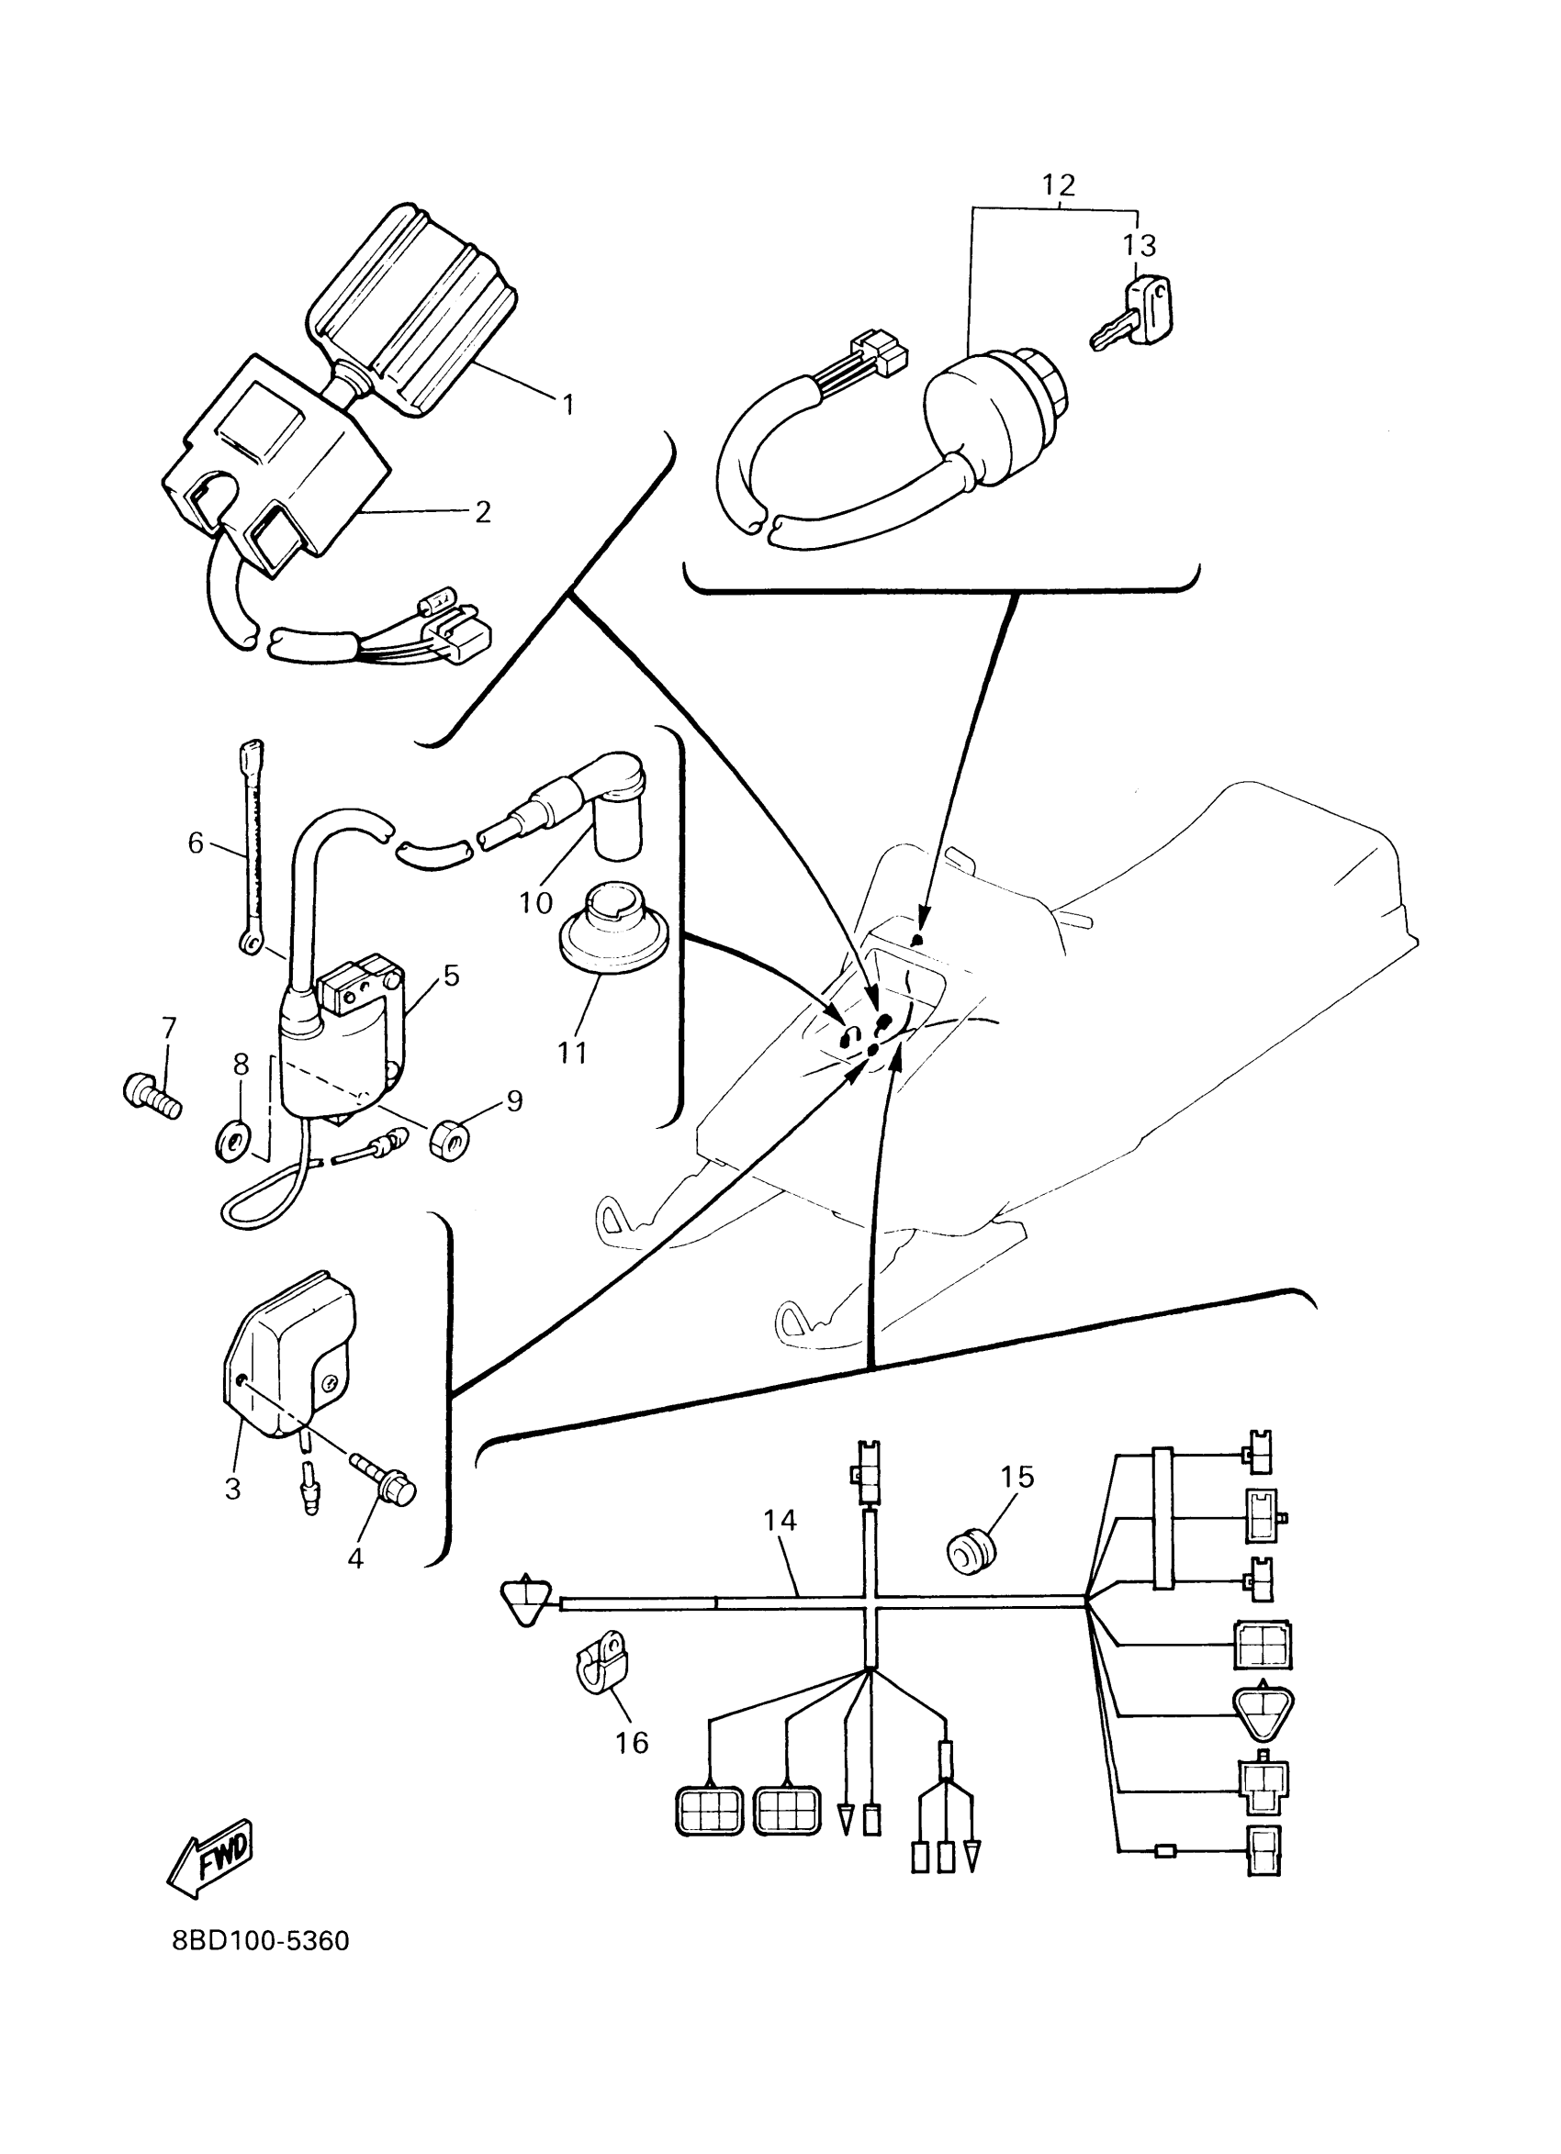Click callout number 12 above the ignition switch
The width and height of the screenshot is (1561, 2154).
[x=1058, y=184]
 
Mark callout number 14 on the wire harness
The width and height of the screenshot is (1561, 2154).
[x=779, y=1521]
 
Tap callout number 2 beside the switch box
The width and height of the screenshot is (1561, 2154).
[x=483, y=513]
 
